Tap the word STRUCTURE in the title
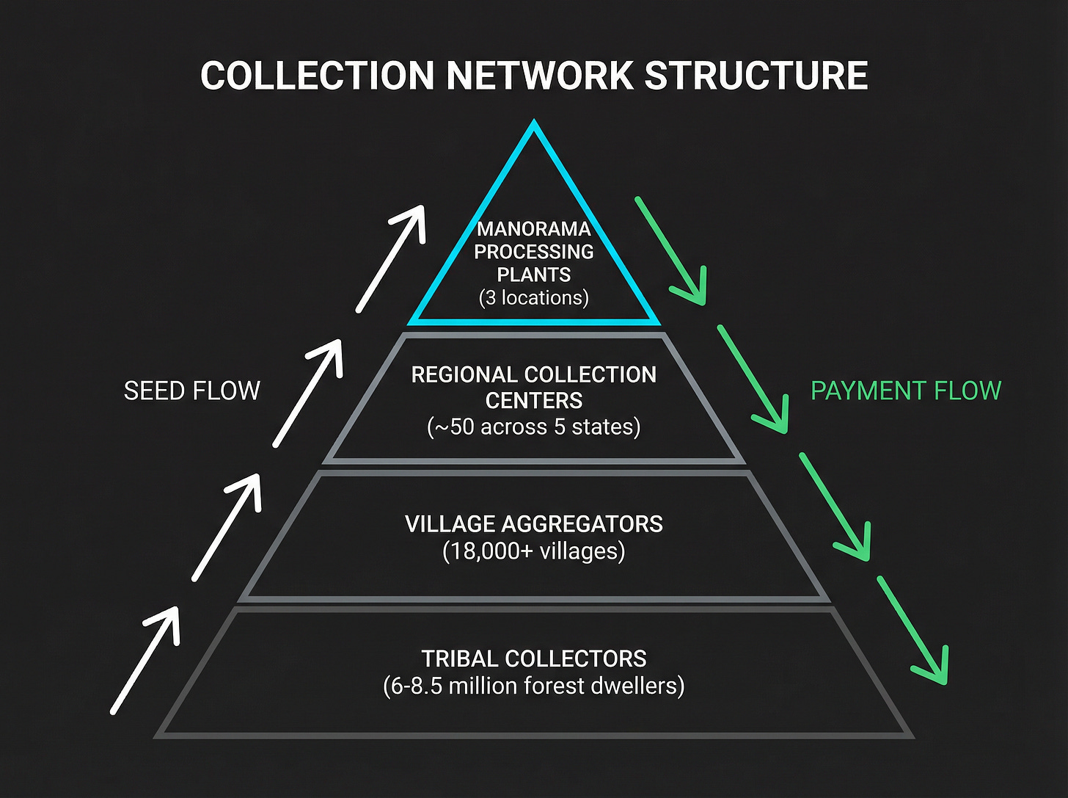pos(756,76)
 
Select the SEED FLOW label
pos(191,391)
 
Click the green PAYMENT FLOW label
pos(905,391)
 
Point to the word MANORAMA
pos(534,229)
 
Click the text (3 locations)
pos(534,298)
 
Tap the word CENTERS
pos(534,401)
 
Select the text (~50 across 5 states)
pos(534,427)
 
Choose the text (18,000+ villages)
pos(534,551)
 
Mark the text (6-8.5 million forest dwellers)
pos(534,686)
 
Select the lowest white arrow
pos(145,659)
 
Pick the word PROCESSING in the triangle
pos(534,252)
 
